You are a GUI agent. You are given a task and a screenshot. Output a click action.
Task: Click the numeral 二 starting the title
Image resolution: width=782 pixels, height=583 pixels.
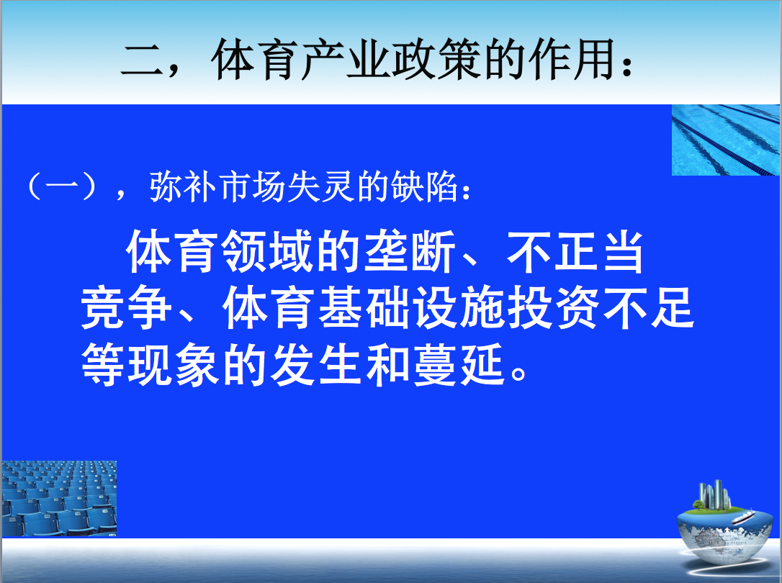pyautogui.click(x=143, y=60)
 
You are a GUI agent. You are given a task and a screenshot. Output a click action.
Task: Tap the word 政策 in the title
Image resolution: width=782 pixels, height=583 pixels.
pyautogui.click(x=436, y=59)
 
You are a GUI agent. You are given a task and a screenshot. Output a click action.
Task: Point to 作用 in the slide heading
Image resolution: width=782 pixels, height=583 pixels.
pyautogui.click(x=572, y=59)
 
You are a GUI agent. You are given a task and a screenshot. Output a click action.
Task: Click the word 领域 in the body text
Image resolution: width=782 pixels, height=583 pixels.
pyautogui.click(x=267, y=252)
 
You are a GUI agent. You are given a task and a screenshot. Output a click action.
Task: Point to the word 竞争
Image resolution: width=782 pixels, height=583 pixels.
pyautogui.click(x=126, y=309)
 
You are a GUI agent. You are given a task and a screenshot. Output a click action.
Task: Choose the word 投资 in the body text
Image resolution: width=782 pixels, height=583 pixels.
pyautogui.click(x=553, y=309)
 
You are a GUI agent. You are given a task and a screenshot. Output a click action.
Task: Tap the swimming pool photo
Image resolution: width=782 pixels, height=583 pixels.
pyautogui.click(x=726, y=140)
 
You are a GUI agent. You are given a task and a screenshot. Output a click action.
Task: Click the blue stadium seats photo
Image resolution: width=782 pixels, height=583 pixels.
pyautogui.click(x=59, y=499)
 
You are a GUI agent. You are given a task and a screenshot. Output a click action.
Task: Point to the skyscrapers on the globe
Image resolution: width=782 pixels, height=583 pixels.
pyautogui.click(x=714, y=494)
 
